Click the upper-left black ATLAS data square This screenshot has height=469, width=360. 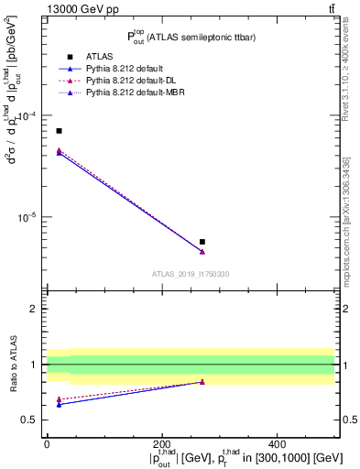pyautogui.click(x=60, y=131)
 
